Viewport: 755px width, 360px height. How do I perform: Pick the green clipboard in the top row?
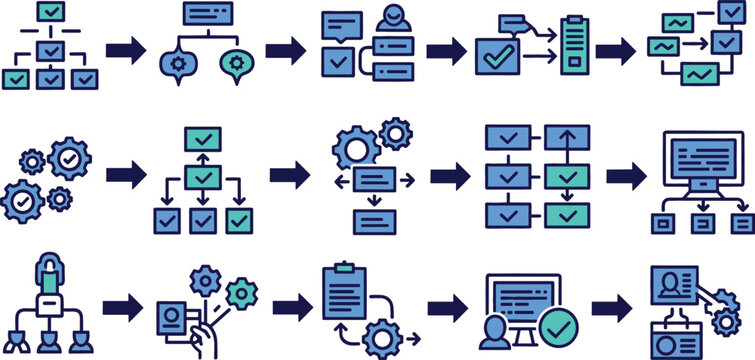click(572, 45)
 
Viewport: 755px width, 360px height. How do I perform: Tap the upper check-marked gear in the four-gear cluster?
click(69, 158)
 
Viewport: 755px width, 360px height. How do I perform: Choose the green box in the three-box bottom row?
click(238, 220)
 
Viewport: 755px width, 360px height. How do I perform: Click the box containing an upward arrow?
click(567, 138)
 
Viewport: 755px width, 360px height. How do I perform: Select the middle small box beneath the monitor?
click(703, 224)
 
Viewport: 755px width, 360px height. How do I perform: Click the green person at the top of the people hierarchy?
click(49, 272)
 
